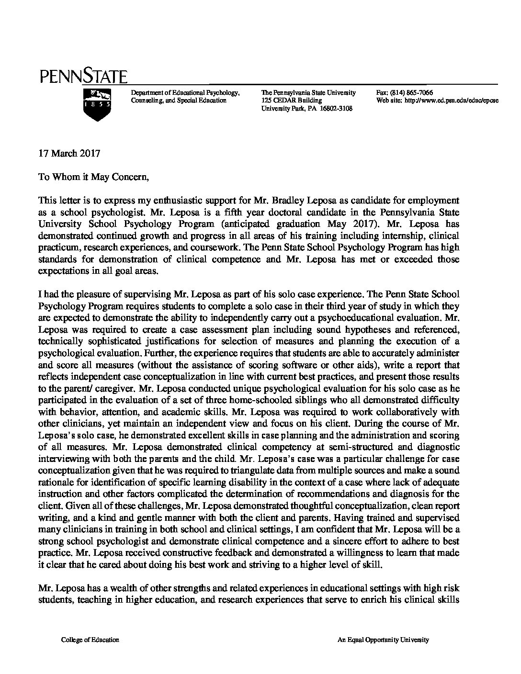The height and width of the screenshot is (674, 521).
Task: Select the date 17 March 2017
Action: click(x=69, y=154)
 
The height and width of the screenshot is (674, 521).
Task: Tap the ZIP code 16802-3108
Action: click(x=335, y=109)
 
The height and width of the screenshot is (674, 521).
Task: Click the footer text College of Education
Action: click(x=90, y=640)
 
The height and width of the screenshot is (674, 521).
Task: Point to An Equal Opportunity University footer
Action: click(x=383, y=640)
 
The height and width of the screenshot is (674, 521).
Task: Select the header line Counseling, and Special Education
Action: click(x=179, y=101)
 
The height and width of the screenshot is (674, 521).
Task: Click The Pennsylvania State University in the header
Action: click(x=308, y=93)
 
